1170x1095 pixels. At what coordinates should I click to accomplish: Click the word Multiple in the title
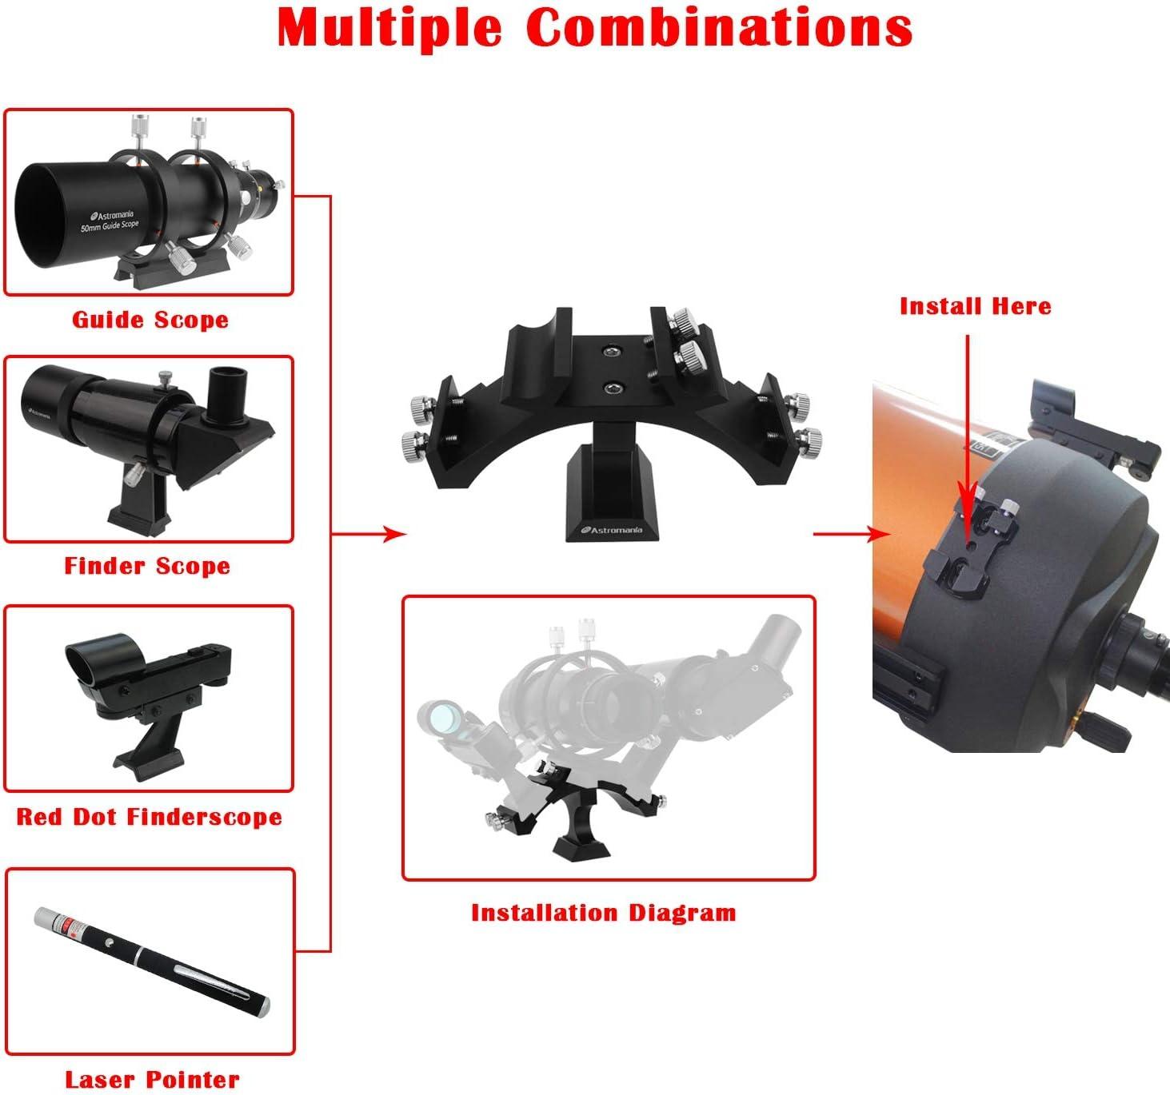click(389, 28)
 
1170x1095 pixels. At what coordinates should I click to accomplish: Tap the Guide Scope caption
click(150, 320)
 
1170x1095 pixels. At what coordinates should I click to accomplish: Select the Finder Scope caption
click(147, 566)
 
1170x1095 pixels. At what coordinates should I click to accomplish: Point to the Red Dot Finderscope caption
click(150, 816)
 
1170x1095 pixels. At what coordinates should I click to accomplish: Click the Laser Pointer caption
click(152, 1080)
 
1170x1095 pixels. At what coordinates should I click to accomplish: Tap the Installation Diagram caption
click(603, 913)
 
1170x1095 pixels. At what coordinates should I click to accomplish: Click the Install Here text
click(975, 306)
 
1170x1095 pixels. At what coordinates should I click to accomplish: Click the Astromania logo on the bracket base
click(611, 528)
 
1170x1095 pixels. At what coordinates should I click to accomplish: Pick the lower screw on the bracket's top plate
click(613, 389)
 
